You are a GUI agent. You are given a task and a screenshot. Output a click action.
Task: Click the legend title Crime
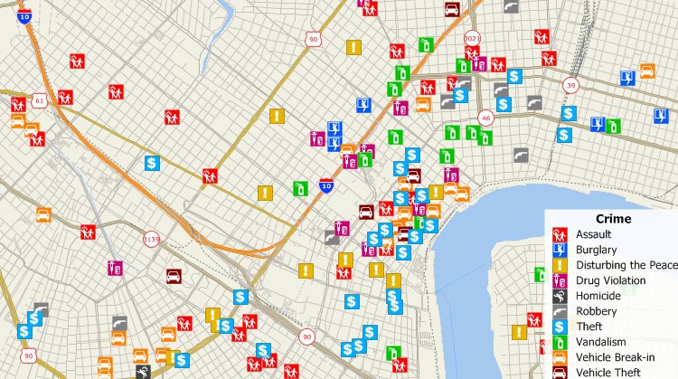(x=613, y=219)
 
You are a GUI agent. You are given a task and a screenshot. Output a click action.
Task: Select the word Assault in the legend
(x=593, y=234)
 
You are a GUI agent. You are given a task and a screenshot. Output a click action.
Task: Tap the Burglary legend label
(x=596, y=250)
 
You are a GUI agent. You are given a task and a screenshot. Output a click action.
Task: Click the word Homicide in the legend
(x=598, y=296)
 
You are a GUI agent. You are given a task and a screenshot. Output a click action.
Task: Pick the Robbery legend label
(x=595, y=311)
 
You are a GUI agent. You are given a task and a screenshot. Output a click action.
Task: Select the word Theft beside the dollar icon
(x=589, y=327)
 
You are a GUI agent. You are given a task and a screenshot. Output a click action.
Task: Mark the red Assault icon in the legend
(x=560, y=234)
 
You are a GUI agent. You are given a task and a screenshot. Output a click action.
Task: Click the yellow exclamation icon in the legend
(x=560, y=265)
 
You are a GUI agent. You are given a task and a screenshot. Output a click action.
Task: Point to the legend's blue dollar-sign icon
(x=560, y=327)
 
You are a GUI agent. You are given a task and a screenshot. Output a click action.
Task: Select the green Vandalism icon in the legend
(x=560, y=342)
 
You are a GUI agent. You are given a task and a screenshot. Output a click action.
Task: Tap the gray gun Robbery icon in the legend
(x=560, y=311)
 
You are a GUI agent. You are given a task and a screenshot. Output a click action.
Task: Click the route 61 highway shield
(x=40, y=99)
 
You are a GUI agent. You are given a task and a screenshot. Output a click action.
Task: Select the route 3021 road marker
(x=472, y=39)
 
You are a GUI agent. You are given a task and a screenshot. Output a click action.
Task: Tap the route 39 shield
(x=570, y=85)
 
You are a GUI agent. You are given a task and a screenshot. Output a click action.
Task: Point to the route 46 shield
(x=486, y=118)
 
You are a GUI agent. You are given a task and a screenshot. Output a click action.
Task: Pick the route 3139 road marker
(x=151, y=240)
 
